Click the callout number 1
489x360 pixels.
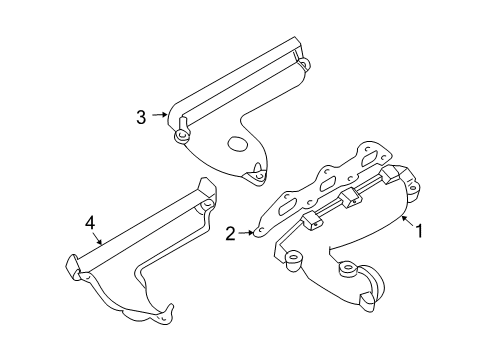(420, 232)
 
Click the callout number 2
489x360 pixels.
(231, 234)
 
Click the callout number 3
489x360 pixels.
(142, 117)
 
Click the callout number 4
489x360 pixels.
(90, 225)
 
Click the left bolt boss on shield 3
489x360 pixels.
(181, 134)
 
